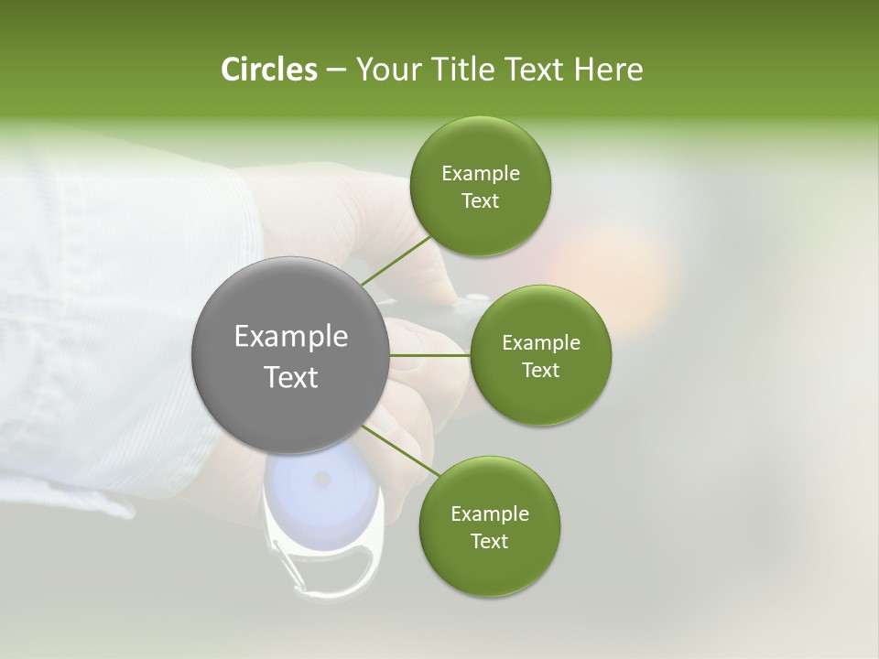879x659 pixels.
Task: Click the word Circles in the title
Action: click(268, 70)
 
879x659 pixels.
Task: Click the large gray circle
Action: click(290, 355)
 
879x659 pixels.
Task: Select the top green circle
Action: click(480, 187)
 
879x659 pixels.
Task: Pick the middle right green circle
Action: click(540, 355)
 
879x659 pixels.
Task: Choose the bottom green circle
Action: click(489, 527)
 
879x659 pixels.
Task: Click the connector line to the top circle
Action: click(396, 261)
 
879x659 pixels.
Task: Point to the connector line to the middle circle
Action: click(429, 355)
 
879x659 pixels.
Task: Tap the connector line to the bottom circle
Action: click(399, 450)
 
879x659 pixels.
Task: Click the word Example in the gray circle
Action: click(290, 337)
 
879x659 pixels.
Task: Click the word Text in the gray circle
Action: click(290, 377)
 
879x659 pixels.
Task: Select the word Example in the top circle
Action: click(480, 174)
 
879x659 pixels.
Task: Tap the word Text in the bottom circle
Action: click(489, 542)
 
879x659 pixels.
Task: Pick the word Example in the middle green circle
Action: click(540, 343)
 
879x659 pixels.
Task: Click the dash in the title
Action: click(335, 70)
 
